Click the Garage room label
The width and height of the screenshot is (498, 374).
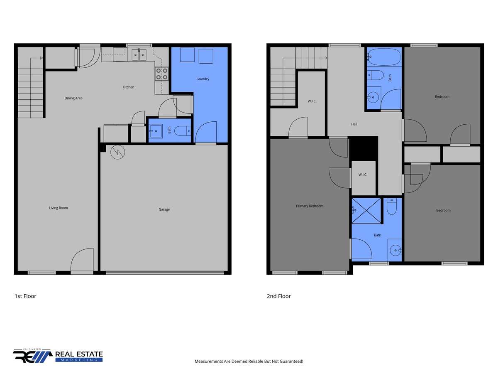pos(164,209)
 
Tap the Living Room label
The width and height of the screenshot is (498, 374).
pos(59,208)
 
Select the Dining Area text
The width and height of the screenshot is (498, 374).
pos(73,98)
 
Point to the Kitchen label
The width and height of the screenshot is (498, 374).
pos(128,87)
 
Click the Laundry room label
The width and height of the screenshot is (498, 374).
pos(203,79)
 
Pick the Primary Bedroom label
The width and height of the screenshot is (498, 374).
pos(310,206)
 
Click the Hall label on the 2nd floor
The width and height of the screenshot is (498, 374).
pos(354,124)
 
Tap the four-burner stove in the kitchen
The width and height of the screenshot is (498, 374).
pos(162,74)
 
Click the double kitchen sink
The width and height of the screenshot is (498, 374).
pos(139,55)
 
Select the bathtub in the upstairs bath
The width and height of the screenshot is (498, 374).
pos(384,57)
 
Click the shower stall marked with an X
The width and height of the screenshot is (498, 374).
pos(366,211)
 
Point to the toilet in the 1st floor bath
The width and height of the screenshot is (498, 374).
pos(183,131)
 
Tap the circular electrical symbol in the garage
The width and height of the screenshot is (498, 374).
pos(117,152)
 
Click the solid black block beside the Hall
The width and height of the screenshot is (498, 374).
pos(364,149)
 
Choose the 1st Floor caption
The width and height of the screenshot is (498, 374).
pos(25,296)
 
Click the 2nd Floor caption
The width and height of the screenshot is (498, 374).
pos(278,296)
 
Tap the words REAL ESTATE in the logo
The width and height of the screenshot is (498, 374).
pos(79,354)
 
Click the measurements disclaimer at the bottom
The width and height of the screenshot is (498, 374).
pos(249,361)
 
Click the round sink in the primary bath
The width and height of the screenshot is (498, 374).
pos(395,250)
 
